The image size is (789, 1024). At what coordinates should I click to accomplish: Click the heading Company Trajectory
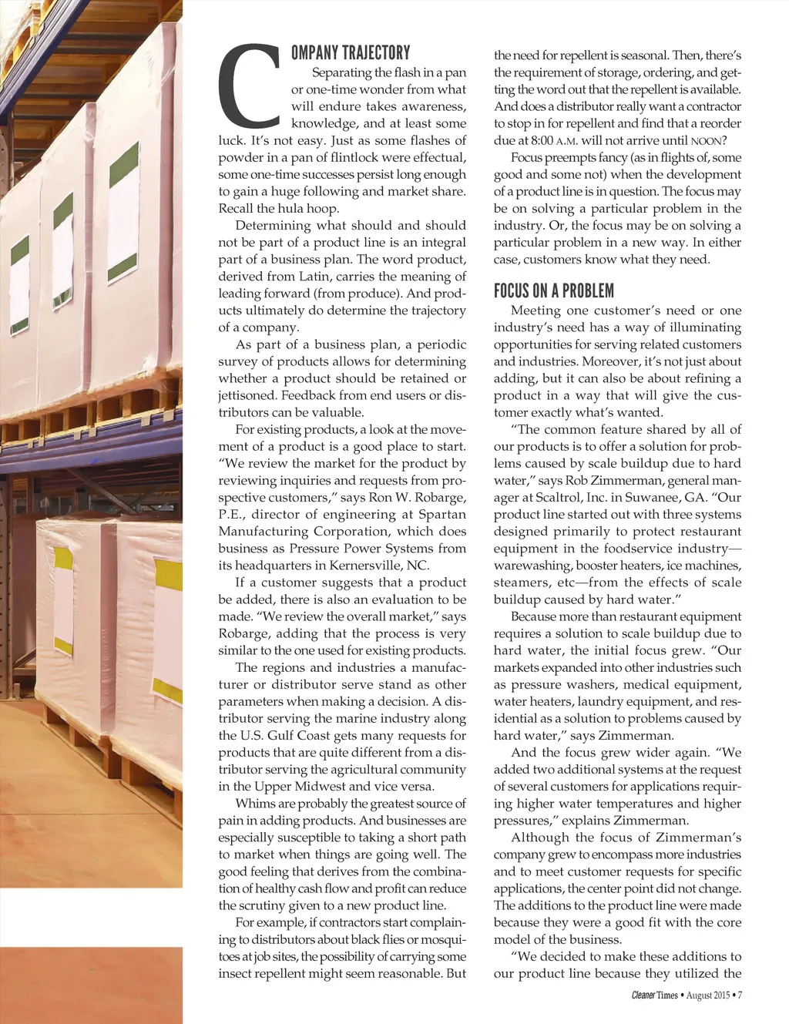click(x=351, y=52)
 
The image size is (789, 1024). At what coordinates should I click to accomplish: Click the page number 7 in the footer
click(x=740, y=995)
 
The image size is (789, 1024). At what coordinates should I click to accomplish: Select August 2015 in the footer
click(x=707, y=995)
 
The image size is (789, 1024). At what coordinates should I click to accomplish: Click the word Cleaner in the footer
click(x=643, y=995)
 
